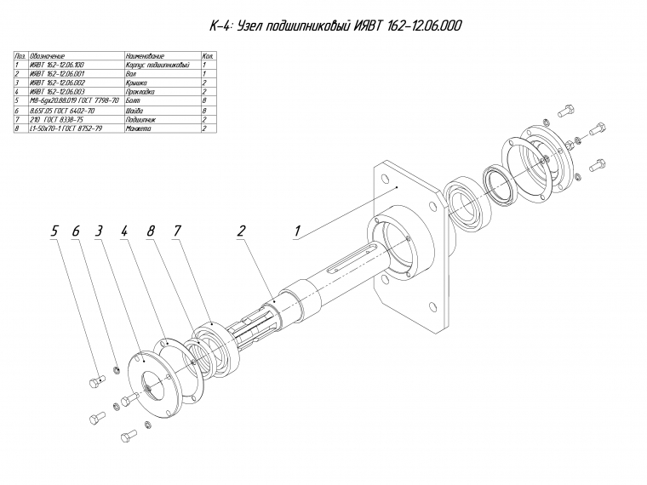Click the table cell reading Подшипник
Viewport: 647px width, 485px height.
[x=139, y=119]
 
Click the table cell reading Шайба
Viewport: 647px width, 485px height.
[x=134, y=111]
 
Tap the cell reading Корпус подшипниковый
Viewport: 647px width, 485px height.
[x=155, y=64]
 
